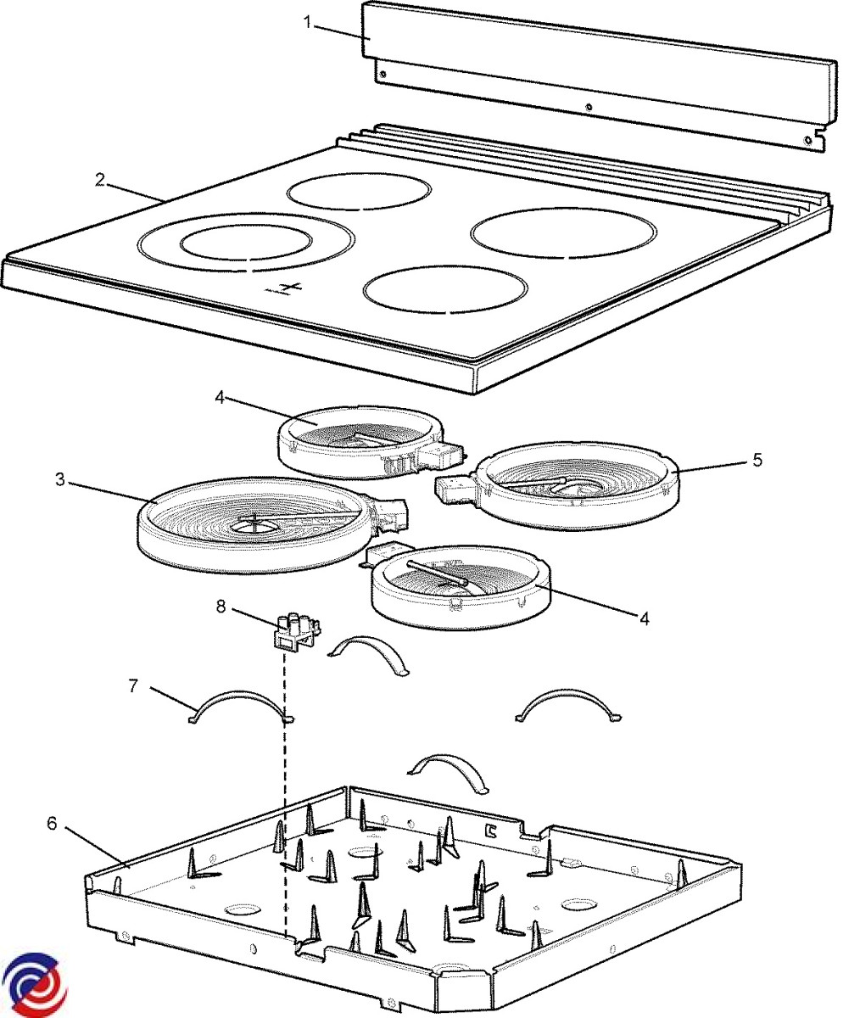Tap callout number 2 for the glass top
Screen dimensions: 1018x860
tap(100, 180)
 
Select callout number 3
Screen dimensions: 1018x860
tap(59, 480)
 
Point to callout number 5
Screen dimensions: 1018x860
tap(757, 460)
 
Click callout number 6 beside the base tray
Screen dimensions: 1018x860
tap(52, 824)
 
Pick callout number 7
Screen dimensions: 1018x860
tap(133, 685)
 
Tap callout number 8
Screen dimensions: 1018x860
tap(221, 607)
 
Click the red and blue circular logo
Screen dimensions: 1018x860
tap(34, 984)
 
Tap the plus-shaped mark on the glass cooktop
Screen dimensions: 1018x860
tap(289, 288)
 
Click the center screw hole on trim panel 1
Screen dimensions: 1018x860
tap(589, 107)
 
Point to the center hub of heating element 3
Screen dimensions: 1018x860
tap(254, 526)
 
